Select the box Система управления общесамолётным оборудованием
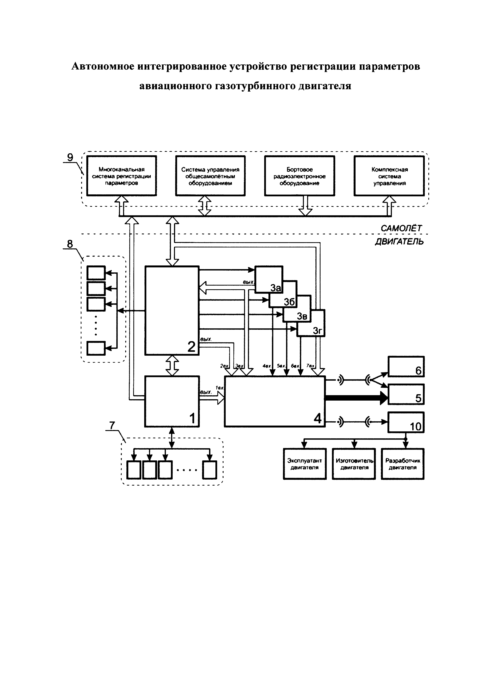[x=210, y=176]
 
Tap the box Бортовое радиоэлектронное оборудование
[x=299, y=176]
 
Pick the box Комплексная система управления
[x=389, y=176]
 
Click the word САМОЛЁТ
[x=401, y=228]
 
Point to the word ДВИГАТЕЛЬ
[x=399, y=242]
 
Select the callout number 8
[x=70, y=244]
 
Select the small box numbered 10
[x=406, y=422]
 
